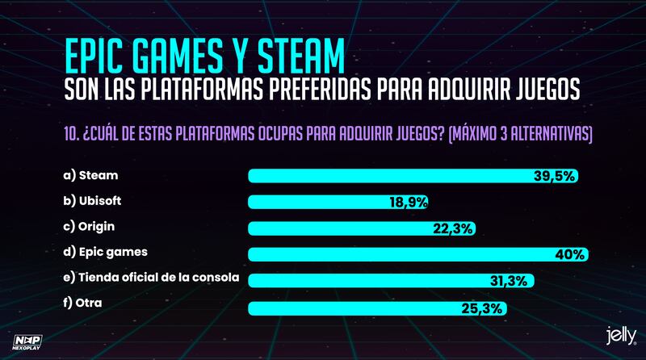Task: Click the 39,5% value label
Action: tap(555, 176)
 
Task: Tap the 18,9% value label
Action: tap(408, 202)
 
